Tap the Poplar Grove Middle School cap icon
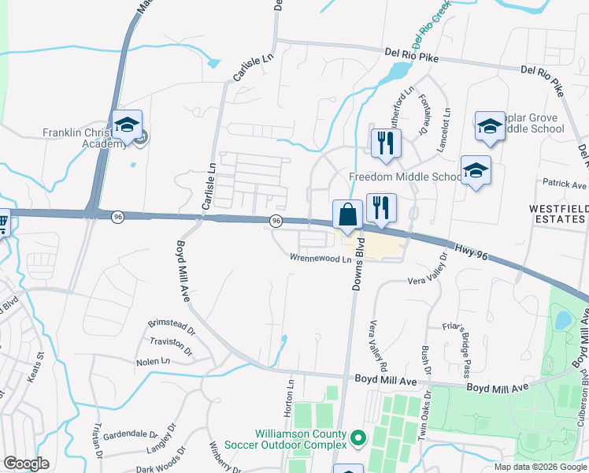pos(489,125)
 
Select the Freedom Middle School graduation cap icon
pos(476,169)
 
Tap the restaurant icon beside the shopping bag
pos(380,208)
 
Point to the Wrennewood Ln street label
pos(320,259)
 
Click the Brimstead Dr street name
pos(169,324)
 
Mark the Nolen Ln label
pos(153,361)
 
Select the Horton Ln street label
pos(289,390)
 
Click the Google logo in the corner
pos(26,464)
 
